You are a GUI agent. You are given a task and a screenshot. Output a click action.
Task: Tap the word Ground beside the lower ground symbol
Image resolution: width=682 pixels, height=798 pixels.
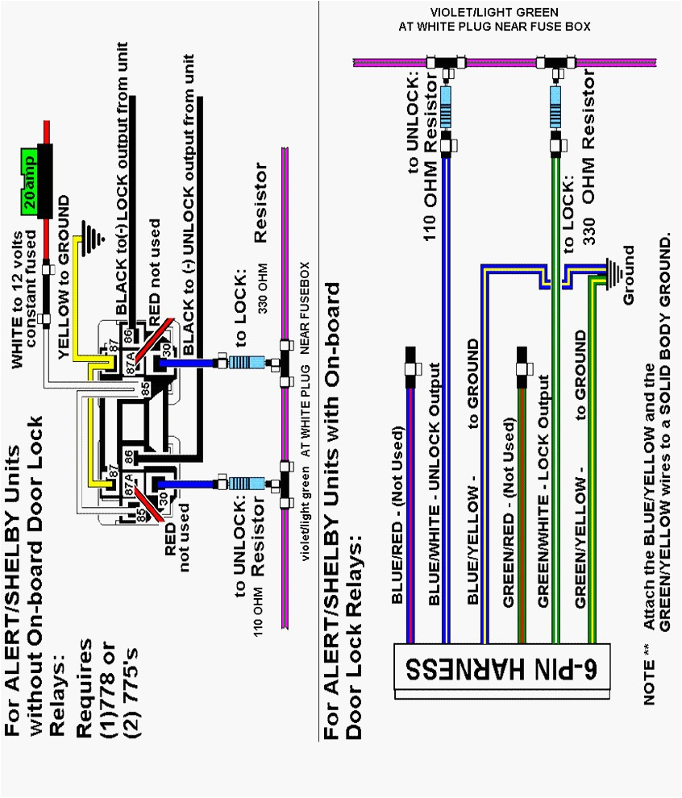coord(629,274)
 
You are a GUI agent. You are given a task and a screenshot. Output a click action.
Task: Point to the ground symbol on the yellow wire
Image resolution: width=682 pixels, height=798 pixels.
coord(96,236)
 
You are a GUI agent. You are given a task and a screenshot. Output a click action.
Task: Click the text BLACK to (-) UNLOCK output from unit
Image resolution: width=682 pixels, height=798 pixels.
coord(188,205)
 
